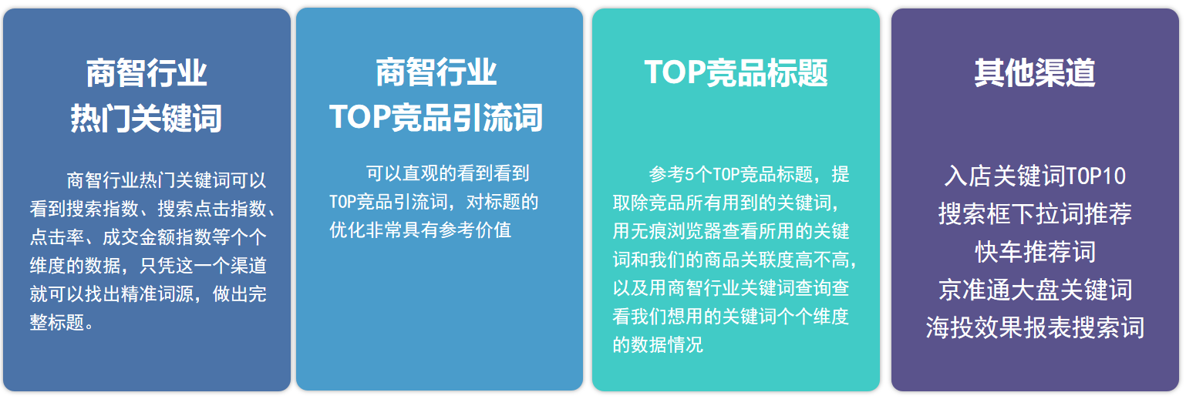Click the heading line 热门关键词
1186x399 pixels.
147,118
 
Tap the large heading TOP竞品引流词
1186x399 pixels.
436,117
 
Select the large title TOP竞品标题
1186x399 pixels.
736,72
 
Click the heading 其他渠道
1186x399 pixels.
1035,72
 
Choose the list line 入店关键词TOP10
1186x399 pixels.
1035,176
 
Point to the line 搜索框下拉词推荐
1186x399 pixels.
1035,214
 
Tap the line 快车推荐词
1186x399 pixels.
1035,251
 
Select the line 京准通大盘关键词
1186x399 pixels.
1035,290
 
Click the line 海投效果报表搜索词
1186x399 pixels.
1035,327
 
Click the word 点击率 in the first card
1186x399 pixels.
56,237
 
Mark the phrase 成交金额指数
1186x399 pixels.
148,237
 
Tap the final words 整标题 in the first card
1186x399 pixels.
56,322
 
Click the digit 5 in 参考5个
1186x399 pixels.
689,174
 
